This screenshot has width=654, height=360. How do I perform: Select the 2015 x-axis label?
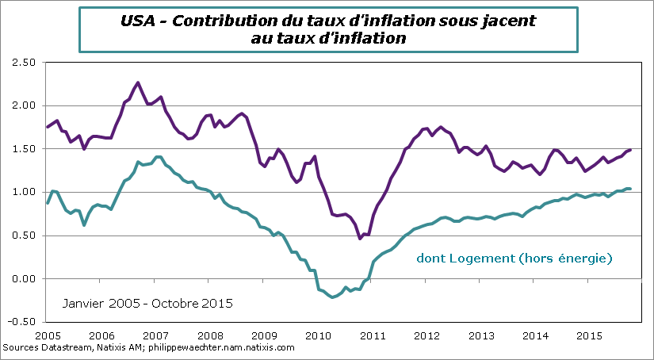pyautogui.click(x=587, y=335)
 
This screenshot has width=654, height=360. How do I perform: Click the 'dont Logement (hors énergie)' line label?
pyautogui.click(x=515, y=259)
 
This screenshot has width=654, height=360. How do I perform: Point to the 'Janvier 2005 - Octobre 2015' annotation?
pyautogui.click(x=147, y=303)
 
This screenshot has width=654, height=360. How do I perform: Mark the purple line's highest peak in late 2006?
pyautogui.click(x=138, y=82)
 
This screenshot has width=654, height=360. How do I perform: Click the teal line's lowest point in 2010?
pyautogui.click(x=333, y=297)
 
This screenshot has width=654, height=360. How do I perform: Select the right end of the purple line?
pyautogui.click(x=630, y=149)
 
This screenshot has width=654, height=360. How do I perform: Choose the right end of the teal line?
pyautogui.click(x=630, y=189)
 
